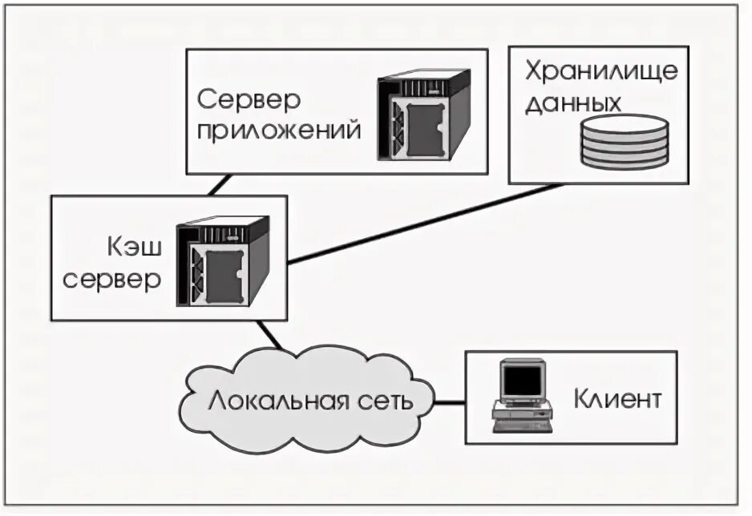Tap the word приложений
(279, 131)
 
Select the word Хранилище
(601, 71)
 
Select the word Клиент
(617, 398)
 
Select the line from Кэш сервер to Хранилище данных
(425, 224)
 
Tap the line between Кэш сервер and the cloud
(269, 335)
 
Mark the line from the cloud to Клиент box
(451, 400)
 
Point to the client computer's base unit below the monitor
(521, 417)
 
